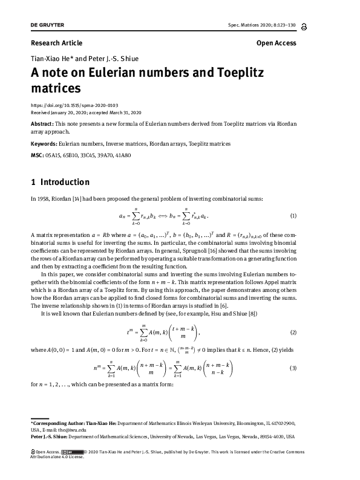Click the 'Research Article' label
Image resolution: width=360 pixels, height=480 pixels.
click(x=56, y=43)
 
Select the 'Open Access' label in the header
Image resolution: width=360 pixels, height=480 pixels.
click(x=277, y=43)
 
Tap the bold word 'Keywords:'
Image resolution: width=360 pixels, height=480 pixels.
click(x=44, y=144)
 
